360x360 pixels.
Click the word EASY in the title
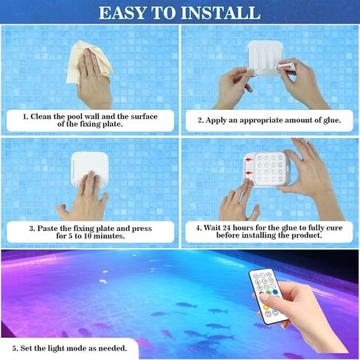[x=122, y=13]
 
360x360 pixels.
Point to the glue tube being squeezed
[x=285, y=66]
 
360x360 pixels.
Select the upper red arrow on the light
[x=249, y=160]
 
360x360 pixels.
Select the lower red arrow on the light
[x=249, y=173]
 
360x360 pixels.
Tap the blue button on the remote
[x=275, y=292]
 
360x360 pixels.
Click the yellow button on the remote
[x=266, y=307]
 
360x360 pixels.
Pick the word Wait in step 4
[x=212, y=228]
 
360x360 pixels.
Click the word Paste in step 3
[x=48, y=229]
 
